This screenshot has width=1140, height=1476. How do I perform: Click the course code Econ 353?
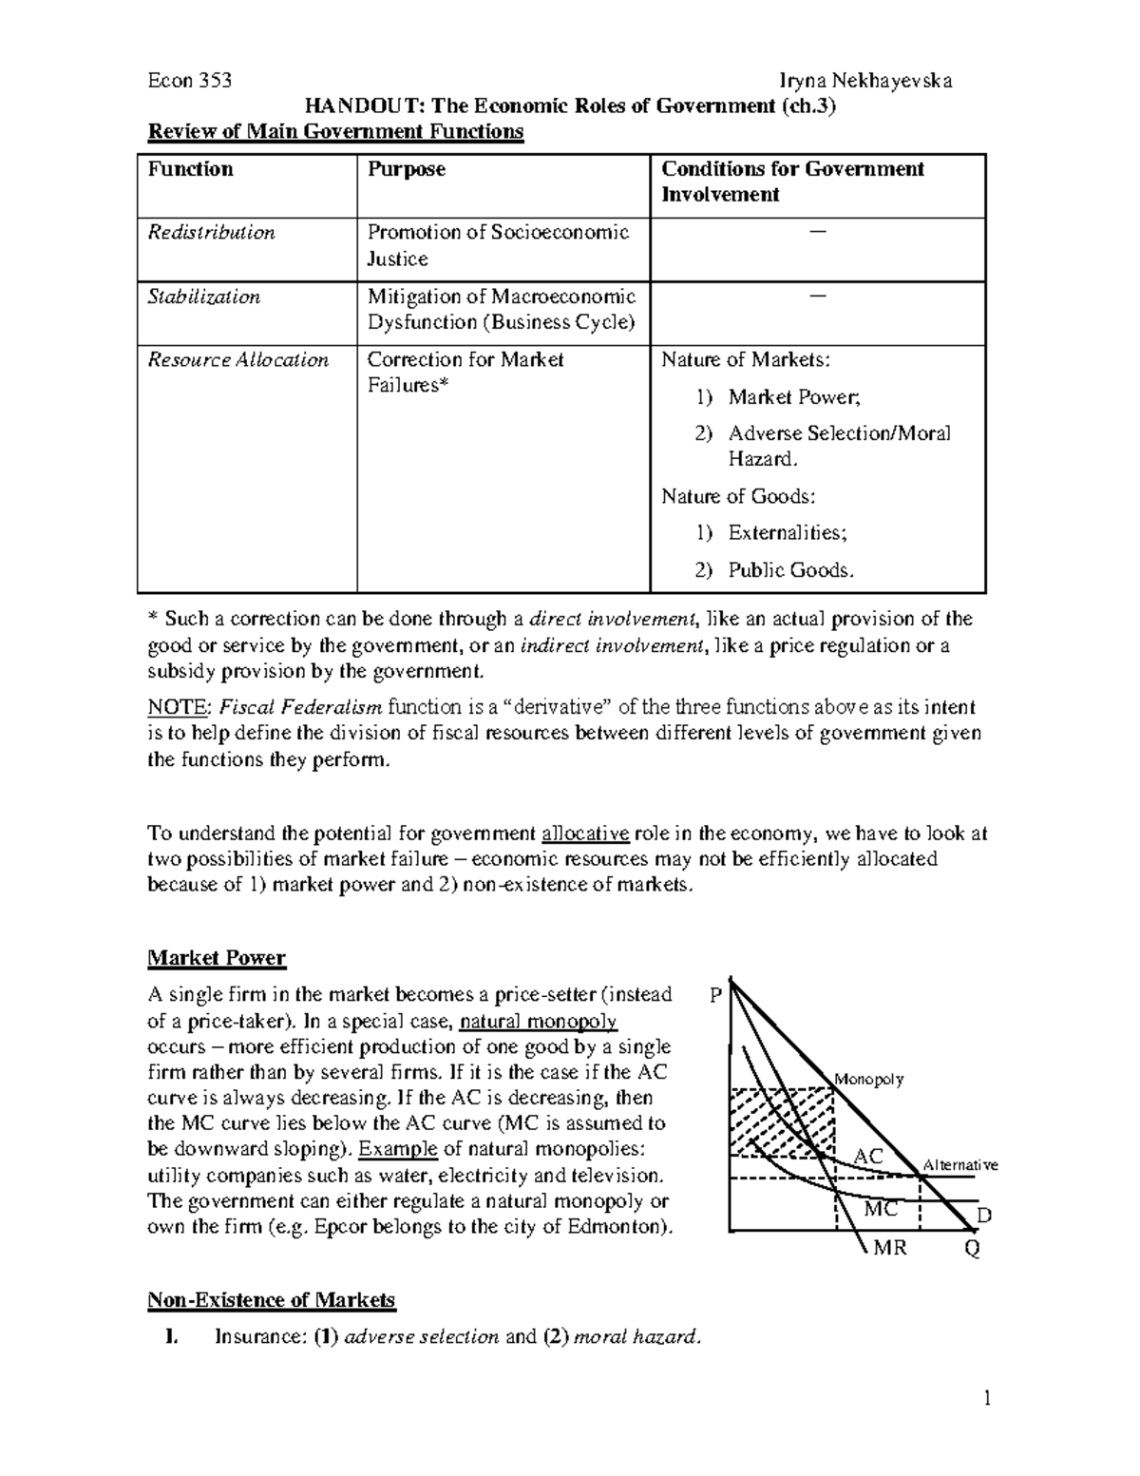coord(189,81)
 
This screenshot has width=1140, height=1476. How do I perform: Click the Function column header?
coord(190,169)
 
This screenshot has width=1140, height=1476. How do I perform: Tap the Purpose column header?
coord(406,169)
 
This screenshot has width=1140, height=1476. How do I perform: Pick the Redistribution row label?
coord(211,233)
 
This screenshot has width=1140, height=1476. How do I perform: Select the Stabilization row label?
coord(203,297)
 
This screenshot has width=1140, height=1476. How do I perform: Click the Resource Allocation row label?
coord(237,360)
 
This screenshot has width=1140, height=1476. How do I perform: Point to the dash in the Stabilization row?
coord(817,296)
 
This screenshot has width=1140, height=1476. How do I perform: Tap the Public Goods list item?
coord(790,570)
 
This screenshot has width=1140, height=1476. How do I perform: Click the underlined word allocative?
coord(585,834)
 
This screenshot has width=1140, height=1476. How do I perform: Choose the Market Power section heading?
coord(217,958)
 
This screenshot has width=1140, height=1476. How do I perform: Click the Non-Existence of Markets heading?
coord(271,1299)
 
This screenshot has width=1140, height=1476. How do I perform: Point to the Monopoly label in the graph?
coord(868,1079)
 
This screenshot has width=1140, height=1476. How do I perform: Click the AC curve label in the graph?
coord(868,1157)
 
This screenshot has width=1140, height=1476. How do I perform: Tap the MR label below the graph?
coord(890,1248)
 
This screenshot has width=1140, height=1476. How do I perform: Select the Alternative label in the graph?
coord(960,1165)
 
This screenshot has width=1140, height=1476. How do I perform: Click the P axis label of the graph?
coord(715,995)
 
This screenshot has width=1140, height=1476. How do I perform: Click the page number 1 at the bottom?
coord(987,1397)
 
